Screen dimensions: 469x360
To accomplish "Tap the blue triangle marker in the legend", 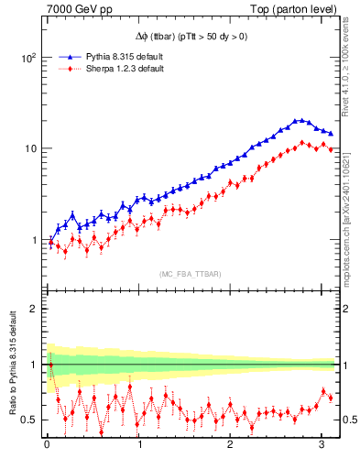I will pyautogui.click(x=64, y=57).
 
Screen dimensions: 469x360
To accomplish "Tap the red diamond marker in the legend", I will pyautogui.click(x=64, y=69).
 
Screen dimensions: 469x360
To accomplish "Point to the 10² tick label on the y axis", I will pyautogui.click(x=27, y=57).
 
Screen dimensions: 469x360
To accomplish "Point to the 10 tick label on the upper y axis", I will pyautogui.click(x=28, y=148).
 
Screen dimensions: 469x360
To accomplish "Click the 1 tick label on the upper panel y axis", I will pyautogui.click(x=33, y=240).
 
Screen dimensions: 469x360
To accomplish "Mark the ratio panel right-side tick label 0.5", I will pyautogui.click(x=347, y=420).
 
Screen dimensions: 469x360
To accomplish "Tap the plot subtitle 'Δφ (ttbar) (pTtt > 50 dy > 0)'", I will pyautogui.click(x=191, y=38).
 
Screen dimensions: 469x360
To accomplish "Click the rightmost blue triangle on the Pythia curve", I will pyautogui.click(x=331, y=134).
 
